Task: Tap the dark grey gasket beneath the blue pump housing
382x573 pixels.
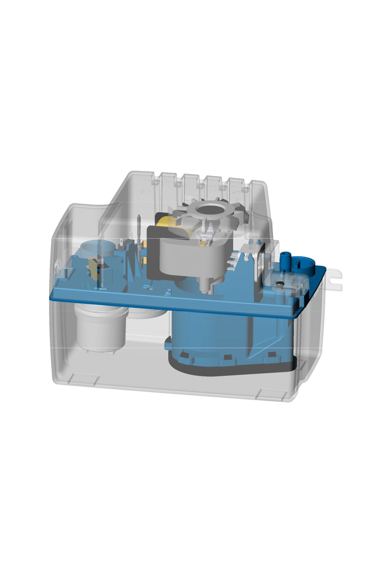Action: click(229, 371)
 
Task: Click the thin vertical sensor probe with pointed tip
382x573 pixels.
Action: click(139, 236)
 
